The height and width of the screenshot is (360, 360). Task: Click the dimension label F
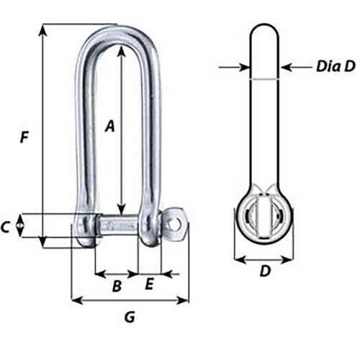[24, 137]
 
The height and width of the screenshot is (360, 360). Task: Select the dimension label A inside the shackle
[109, 127]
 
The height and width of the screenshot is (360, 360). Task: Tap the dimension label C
[6, 228]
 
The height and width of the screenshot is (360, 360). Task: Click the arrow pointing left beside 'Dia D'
[285, 68]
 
